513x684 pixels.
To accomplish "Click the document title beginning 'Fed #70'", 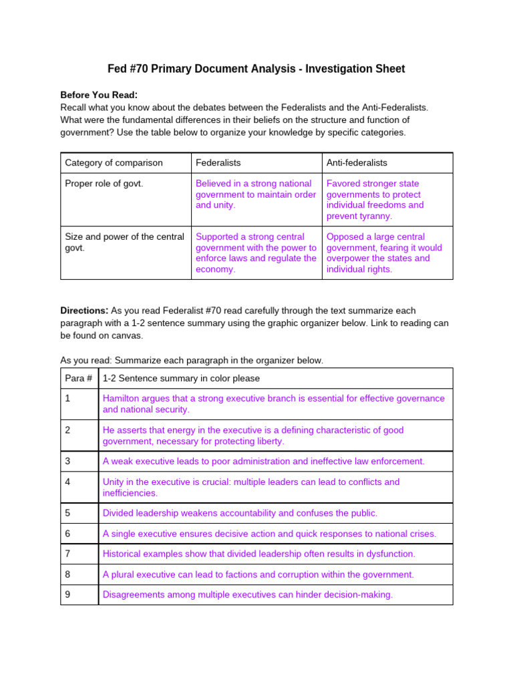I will tap(256, 69).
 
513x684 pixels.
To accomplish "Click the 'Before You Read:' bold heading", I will tap(99, 95).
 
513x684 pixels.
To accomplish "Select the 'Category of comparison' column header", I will tap(113, 163).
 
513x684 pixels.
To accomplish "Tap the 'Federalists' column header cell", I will tap(218, 163).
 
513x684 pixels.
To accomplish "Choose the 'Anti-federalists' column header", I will tap(356, 163).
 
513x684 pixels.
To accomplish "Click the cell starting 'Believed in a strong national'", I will tap(255, 194).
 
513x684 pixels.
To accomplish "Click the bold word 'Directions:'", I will tap(84, 311).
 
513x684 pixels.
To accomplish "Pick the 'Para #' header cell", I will tap(78, 379).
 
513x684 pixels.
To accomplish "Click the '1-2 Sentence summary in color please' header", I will tap(181, 379).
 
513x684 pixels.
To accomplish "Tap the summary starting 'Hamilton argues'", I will tap(273, 403).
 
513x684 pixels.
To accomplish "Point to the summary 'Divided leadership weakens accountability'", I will tap(240, 513).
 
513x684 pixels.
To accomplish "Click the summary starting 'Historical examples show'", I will tap(259, 554).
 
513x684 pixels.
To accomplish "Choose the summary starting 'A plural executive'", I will tap(258, 574).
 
